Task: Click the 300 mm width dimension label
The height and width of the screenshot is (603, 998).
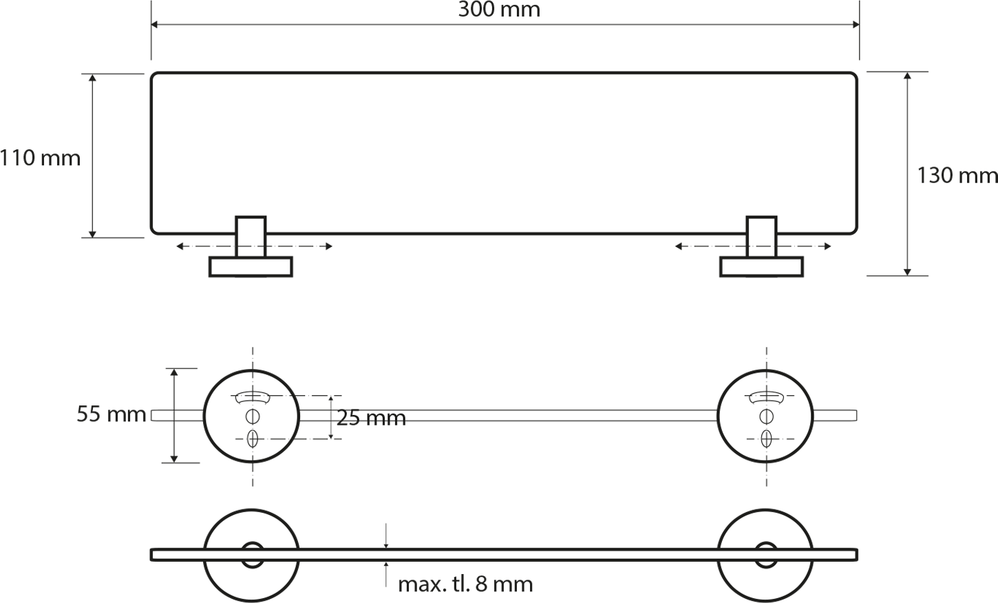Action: point(499,10)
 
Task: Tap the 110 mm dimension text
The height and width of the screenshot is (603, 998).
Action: point(40,158)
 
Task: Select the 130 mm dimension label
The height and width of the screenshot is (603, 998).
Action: point(957,176)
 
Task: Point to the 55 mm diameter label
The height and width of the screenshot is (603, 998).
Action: point(112,414)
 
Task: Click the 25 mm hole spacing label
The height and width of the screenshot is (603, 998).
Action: point(371,418)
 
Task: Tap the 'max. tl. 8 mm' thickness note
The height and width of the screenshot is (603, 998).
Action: point(465,584)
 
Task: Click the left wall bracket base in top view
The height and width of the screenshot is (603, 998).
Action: point(251,267)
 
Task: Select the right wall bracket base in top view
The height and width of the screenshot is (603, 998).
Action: point(761,267)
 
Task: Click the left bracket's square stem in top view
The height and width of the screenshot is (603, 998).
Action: point(251,237)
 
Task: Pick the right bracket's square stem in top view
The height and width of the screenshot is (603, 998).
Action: point(761,237)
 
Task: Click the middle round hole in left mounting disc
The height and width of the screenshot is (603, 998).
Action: point(253,416)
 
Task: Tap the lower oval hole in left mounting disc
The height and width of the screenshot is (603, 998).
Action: point(253,439)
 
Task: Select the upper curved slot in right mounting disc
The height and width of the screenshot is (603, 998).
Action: point(766,396)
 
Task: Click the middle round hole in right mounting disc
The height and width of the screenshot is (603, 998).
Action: point(766,416)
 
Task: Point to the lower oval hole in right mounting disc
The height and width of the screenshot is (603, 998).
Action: point(766,439)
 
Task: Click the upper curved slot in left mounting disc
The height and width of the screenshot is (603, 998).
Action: point(253,396)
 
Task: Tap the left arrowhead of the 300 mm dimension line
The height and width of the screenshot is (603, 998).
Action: point(154,25)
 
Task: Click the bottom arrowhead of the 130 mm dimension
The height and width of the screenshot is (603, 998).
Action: point(907,273)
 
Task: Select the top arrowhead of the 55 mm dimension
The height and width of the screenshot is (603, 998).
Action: point(174,372)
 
